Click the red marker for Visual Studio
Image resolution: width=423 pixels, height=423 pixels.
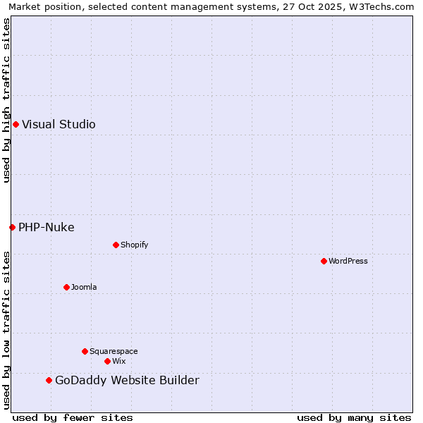click(16, 125)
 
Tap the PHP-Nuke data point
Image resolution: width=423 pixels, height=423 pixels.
click(12, 227)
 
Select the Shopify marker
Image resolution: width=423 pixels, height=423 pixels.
click(116, 245)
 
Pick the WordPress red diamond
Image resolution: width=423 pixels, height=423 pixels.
click(324, 261)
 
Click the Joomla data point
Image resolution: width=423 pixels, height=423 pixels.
click(66, 287)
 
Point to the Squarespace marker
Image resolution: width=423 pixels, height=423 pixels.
click(85, 351)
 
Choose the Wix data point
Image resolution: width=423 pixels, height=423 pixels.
click(107, 361)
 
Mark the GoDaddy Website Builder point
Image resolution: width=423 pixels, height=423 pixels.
click(49, 381)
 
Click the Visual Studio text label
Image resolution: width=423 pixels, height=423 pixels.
click(59, 125)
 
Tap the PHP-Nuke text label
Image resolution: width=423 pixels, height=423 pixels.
click(47, 227)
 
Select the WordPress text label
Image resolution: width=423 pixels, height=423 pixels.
click(348, 261)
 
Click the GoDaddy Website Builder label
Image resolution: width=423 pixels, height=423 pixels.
click(127, 381)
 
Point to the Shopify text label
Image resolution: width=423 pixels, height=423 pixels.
click(134, 245)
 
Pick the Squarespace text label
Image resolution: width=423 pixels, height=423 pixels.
click(114, 351)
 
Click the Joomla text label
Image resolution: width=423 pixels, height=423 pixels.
click(84, 287)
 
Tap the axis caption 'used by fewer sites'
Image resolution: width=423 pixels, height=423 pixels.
click(73, 417)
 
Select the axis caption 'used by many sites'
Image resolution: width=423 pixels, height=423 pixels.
click(354, 417)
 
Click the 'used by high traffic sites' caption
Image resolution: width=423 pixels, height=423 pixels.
click(6, 100)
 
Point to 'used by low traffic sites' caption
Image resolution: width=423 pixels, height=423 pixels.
click(6, 330)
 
